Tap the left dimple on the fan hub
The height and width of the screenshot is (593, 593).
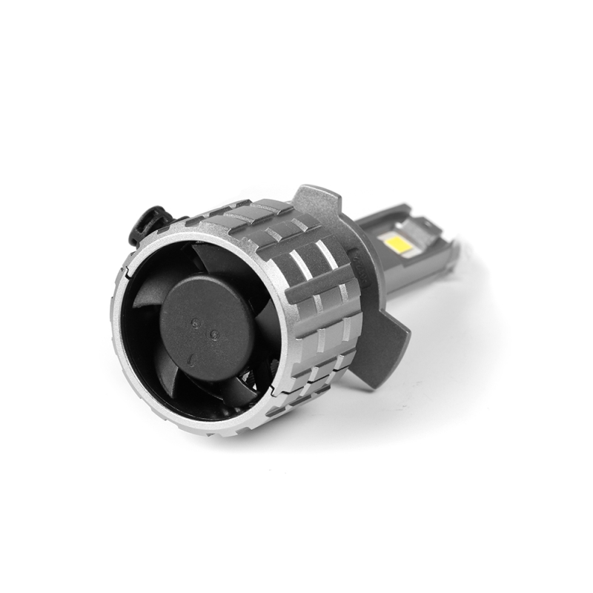click(x=194, y=322)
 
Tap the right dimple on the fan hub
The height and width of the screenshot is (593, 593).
click(x=214, y=334)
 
